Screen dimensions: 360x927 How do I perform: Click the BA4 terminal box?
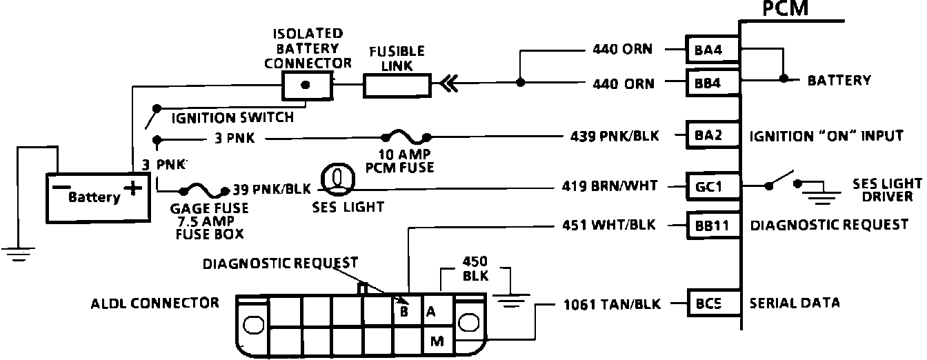(x=712, y=50)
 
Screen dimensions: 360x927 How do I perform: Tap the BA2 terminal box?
(x=712, y=135)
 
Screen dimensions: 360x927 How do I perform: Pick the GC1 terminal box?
(x=712, y=185)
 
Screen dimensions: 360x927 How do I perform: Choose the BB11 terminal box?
(x=712, y=225)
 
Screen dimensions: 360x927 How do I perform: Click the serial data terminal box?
(x=712, y=303)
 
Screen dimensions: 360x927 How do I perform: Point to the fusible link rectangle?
(x=396, y=85)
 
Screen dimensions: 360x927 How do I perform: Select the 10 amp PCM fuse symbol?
(x=406, y=137)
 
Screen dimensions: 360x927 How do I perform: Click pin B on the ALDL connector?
(x=405, y=312)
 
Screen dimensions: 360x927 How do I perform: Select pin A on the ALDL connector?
(x=432, y=312)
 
